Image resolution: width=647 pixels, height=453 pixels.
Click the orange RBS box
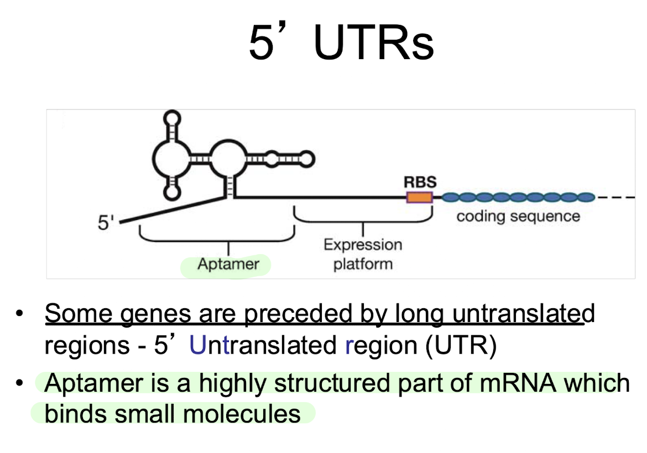tap(419, 197)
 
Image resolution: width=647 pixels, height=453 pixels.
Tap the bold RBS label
tap(420, 181)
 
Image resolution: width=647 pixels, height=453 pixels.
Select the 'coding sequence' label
tap(518, 215)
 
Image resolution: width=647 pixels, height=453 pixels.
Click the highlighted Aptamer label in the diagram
tap(228, 264)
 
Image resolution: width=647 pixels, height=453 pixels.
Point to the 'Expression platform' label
tap(363, 254)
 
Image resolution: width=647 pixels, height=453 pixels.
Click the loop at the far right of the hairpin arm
tap(306, 159)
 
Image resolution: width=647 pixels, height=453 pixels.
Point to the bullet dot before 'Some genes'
tap(20, 314)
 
